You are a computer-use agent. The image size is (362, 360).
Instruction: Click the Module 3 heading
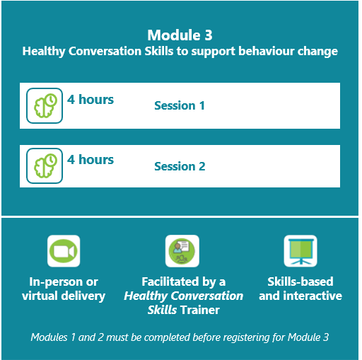[x=180, y=35]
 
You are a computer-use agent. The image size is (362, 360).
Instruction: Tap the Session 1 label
[x=180, y=105]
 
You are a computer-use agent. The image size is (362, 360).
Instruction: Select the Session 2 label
[x=180, y=166]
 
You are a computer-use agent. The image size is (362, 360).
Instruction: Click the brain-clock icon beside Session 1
[x=45, y=105]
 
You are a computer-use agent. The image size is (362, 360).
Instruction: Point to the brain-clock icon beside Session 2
[x=45, y=166]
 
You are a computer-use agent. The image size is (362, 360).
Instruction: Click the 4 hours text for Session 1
[x=90, y=99]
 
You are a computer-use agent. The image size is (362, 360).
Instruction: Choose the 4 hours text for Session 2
[x=90, y=160]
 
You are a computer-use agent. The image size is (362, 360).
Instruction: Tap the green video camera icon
[x=64, y=251]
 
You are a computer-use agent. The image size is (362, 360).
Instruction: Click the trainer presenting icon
[x=182, y=251]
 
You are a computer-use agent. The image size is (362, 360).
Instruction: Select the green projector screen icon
[x=300, y=251]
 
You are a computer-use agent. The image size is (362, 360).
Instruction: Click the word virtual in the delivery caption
[x=39, y=296]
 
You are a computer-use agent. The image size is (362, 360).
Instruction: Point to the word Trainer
[x=200, y=310]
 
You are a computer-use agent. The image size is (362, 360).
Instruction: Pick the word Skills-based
[x=300, y=281]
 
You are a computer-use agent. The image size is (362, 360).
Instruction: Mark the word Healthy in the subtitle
[x=44, y=52]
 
